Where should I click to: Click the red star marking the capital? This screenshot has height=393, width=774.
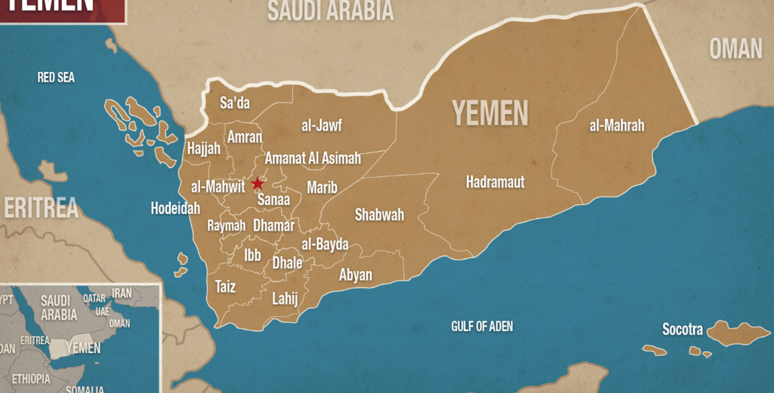(257, 183)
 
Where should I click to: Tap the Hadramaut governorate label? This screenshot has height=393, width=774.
(495, 182)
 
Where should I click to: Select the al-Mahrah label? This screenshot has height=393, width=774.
(617, 126)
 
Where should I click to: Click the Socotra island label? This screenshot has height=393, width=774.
(682, 330)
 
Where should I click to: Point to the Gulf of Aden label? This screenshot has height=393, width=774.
(482, 327)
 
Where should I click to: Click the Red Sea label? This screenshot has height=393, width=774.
(55, 78)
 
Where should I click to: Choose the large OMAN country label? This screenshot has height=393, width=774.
(736, 49)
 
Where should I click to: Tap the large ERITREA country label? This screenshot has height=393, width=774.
(41, 208)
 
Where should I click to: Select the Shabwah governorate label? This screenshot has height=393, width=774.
(379, 215)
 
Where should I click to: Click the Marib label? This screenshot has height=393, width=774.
(322, 187)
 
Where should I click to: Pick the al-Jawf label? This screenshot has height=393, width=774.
(321, 125)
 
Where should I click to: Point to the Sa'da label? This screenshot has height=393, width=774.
(235, 103)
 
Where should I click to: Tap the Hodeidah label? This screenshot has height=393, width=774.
(175, 209)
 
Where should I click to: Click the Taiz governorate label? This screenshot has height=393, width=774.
(225, 287)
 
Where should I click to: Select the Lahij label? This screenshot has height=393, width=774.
(284, 298)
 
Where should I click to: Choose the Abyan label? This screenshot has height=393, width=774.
(355, 275)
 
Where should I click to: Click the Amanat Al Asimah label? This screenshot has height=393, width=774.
(313, 158)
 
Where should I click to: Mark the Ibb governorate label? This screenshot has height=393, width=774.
(252, 255)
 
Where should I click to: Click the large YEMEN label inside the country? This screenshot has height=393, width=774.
(490, 113)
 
